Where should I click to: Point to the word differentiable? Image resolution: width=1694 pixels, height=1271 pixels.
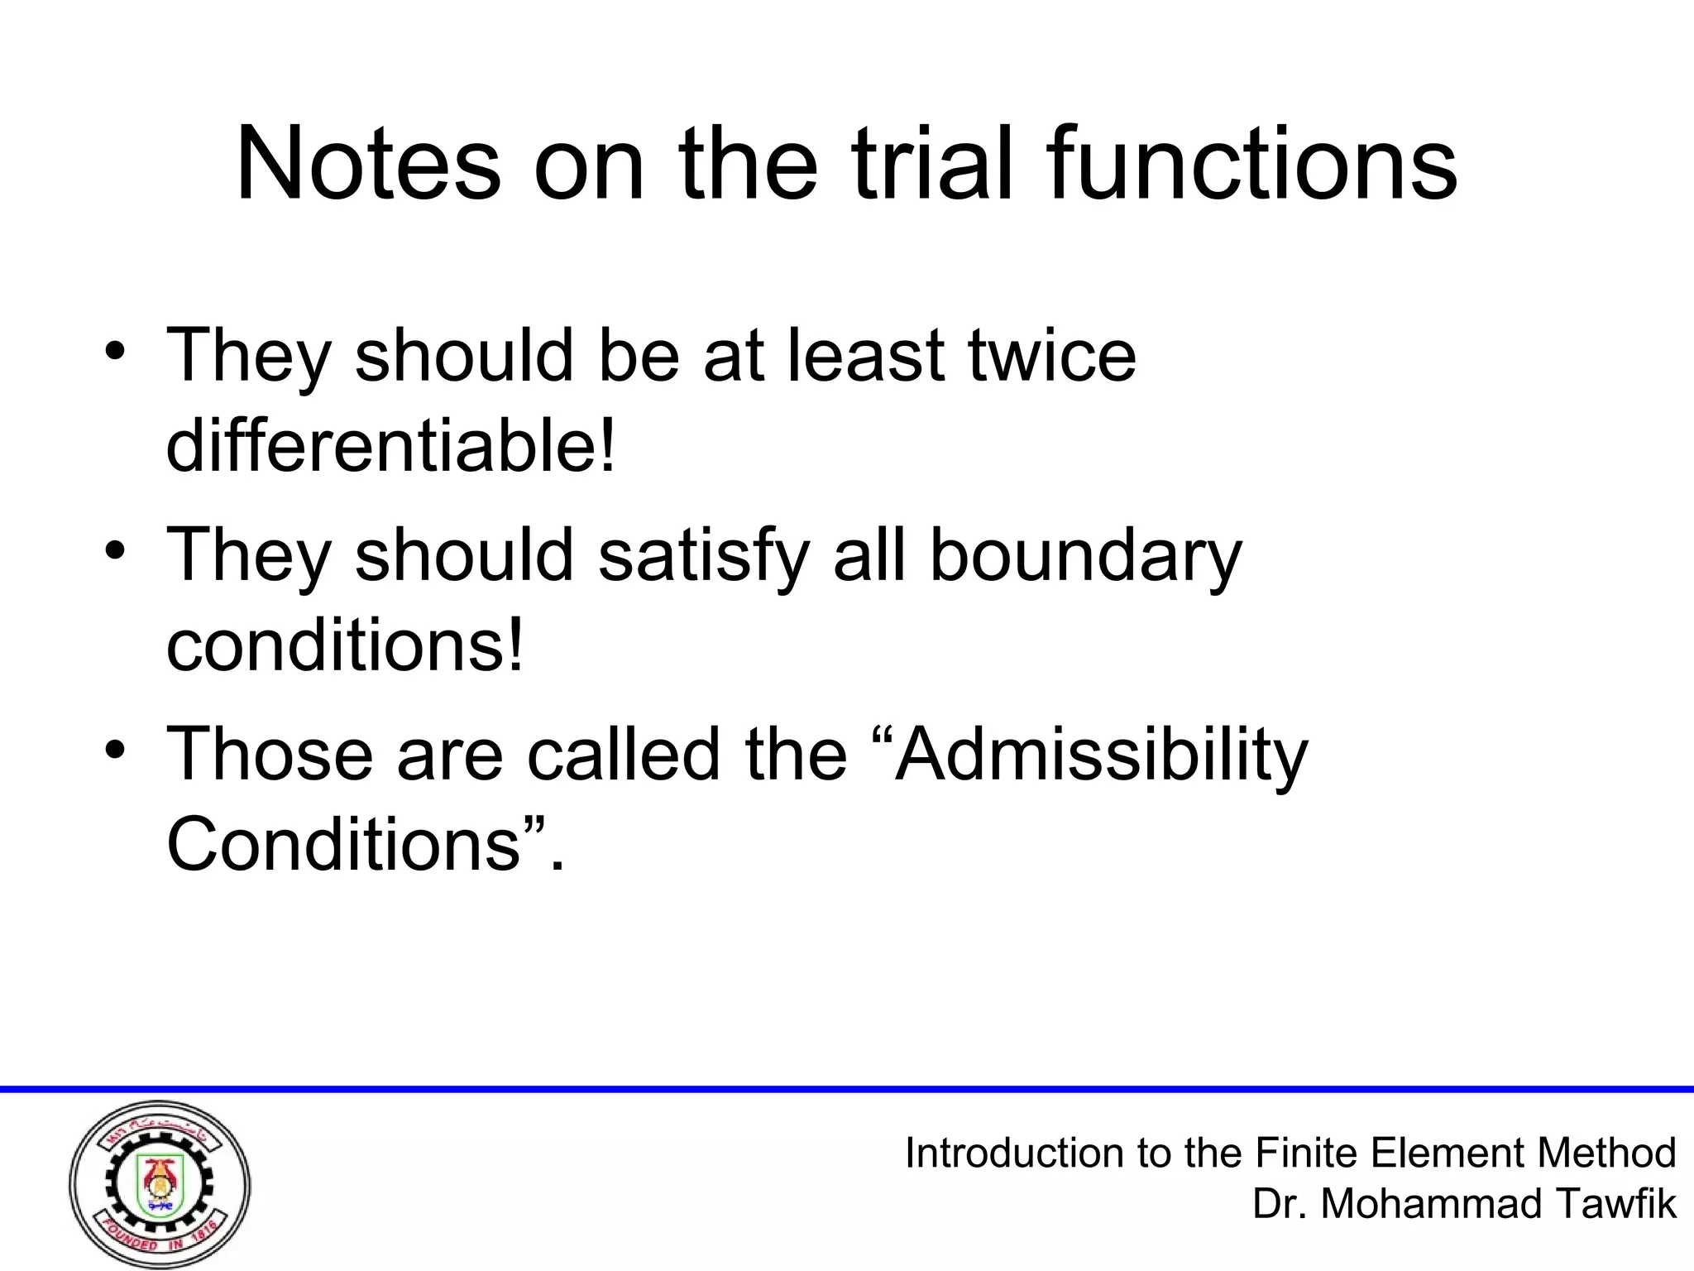[x=391, y=444]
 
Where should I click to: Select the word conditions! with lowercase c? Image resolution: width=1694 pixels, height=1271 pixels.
[x=345, y=645]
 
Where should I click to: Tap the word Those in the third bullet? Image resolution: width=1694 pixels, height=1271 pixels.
[x=270, y=753]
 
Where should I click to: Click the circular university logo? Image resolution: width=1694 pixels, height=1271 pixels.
[x=160, y=1184]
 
